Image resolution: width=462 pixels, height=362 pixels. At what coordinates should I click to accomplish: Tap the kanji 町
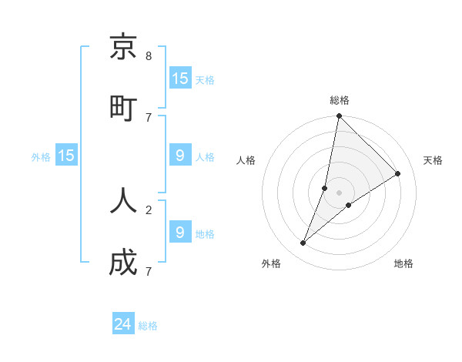tap(123, 107)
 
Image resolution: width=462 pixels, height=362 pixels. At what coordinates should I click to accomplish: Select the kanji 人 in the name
tap(123, 199)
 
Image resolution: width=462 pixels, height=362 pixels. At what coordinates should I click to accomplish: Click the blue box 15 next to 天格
tap(180, 79)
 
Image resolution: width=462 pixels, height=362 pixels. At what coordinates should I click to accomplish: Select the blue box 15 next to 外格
tap(66, 156)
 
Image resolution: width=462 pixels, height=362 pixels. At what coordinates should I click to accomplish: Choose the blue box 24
tap(123, 324)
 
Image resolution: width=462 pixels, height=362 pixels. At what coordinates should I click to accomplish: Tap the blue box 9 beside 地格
tap(180, 232)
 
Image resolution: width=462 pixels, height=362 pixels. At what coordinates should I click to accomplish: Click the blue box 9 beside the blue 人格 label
tap(180, 156)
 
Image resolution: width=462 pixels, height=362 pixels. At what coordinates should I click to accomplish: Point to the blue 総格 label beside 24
tap(148, 326)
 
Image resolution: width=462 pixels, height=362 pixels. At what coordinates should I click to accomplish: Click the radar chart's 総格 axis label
tap(339, 100)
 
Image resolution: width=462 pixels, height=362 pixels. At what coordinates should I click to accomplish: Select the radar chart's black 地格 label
tap(403, 263)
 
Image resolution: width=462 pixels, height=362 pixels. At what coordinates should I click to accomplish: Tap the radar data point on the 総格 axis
tap(339, 116)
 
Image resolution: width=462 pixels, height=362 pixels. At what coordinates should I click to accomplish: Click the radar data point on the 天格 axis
tap(398, 173)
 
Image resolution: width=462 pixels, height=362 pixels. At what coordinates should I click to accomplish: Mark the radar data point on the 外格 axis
tap(303, 243)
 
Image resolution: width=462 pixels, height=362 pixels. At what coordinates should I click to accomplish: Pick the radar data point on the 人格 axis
tap(325, 188)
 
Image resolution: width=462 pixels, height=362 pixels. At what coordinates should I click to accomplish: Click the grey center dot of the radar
tap(339, 193)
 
